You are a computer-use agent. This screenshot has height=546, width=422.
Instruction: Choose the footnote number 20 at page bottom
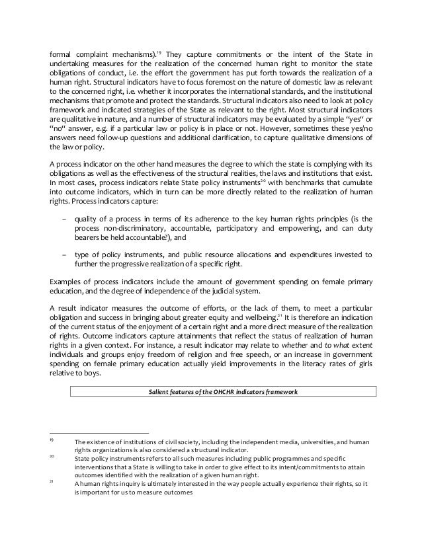(x=52, y=456)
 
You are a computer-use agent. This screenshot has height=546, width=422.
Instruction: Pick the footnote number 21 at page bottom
(x=52, y=483)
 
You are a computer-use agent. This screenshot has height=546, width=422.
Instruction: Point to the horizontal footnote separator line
(x=99, y=434)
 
